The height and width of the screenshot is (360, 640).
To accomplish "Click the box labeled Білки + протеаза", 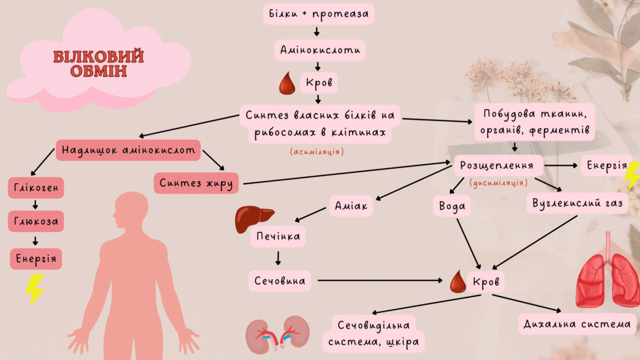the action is [x=319, y=14].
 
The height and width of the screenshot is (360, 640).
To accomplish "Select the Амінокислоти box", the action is [x=320, y=50].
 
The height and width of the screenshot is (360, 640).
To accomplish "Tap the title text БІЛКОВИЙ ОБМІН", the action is [x=98, y=64].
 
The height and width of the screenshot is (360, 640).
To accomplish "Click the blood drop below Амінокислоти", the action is [x=287, y=83].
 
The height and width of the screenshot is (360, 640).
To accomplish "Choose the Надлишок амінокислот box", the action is [x=128, y=150].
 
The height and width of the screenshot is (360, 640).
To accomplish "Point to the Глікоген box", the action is [x=36, y=188].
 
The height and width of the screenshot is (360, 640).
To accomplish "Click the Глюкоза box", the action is [x=36, y=221].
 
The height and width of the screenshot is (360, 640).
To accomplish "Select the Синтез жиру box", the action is [x=196, y=183].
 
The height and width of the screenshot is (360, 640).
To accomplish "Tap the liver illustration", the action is [x=253, y=218].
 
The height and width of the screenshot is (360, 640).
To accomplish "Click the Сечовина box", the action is [x=280, y=281].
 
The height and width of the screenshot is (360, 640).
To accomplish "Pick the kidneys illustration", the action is [x=278, y=335].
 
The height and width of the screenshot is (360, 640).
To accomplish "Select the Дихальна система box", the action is [x=577, y=324].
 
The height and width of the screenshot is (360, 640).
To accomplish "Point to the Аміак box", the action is [x=351, y=206].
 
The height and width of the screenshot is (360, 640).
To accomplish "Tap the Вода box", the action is [x=452, y=206].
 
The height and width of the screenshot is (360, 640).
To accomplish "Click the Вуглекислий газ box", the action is [x=577, y=203].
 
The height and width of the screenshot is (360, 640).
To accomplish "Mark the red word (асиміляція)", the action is [x=317, y=152].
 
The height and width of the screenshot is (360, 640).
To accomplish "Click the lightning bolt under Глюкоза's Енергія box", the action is [x=35, y=289].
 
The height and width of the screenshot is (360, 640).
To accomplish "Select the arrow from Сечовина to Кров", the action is [x=380, y=280].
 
